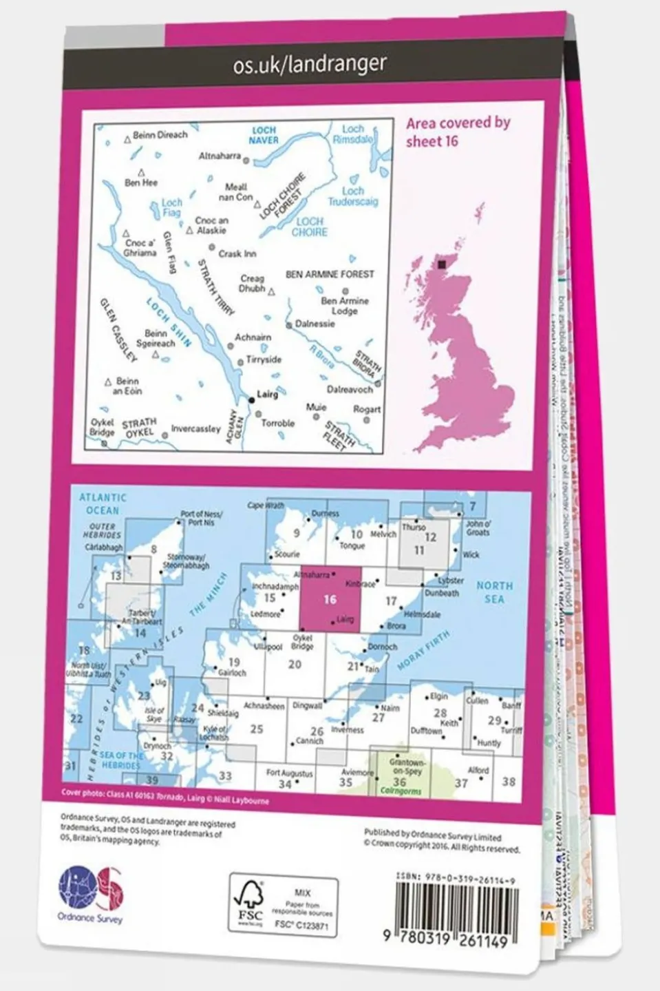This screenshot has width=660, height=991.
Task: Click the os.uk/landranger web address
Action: tap(310, 65)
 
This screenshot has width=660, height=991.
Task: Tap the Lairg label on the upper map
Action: tap(267, 395)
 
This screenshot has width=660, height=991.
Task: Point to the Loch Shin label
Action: tap(169, 321)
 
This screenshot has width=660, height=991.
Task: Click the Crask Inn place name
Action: tap(237, 254)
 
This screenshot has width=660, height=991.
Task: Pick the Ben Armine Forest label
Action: tap(330, 274)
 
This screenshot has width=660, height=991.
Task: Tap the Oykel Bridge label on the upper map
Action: tap(103, 428)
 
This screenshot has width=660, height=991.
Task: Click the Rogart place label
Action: tap(367, 409)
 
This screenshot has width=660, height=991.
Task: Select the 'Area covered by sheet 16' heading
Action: tap(458, 132)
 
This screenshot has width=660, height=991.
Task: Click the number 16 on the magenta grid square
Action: tap(330, 599)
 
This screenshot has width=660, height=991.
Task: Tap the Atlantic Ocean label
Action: tap(103, 503)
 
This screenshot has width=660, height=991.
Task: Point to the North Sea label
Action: tap(494, 592)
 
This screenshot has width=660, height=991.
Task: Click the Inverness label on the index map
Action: tap(348, 730)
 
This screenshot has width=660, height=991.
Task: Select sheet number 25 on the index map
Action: tap(257, 729)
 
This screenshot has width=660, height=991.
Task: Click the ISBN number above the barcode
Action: tap(456, 879)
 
